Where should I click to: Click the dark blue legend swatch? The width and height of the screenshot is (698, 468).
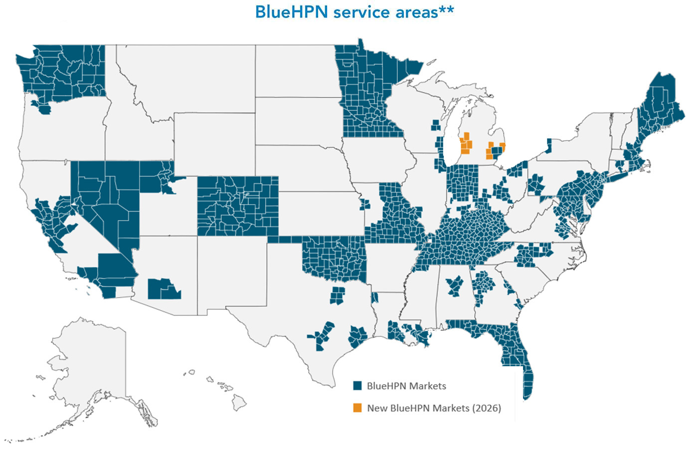click(x=357, y=386)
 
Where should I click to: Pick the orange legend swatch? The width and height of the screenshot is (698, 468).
click(x=357, y=408)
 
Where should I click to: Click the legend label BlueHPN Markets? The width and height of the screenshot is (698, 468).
click(x=406, y=386)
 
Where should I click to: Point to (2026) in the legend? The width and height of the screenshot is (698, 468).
click(x=487, y=408)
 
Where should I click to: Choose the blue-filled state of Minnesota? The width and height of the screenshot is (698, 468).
click(x=369, y=95)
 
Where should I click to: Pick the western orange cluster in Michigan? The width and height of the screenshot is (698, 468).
click(x=466, y=144)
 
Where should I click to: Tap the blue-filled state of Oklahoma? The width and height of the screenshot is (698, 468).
click(x=334, y=257)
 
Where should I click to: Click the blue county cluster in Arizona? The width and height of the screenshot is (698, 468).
click(x=164, y=289)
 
